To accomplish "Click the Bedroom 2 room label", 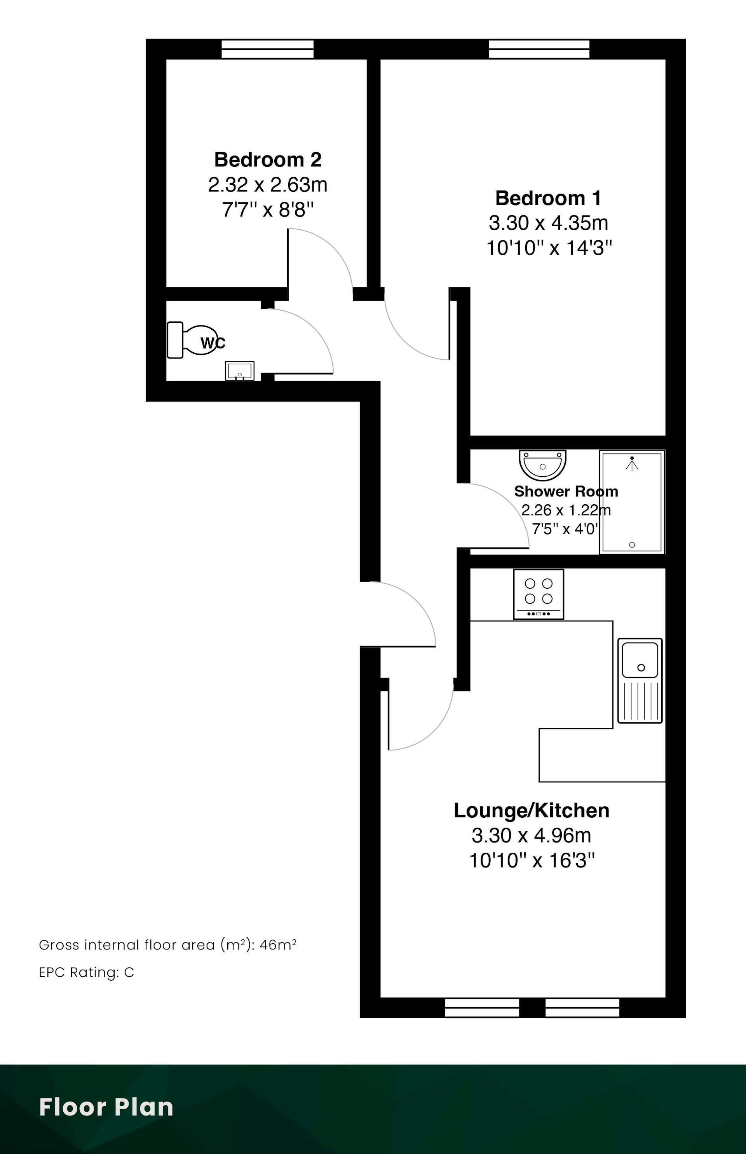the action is pyautogui.click(x=268, y=159).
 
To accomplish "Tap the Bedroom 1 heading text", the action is pyautogui.click(x=548, y=198).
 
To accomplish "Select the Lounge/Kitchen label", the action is pyautogui.click(x=532, y=810).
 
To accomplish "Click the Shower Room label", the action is pyautogui.click(x=566, y=491).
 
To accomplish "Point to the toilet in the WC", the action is pyautogui.click(x=192, y=340).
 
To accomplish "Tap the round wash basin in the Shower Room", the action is pyautogui.click(x=542, y=465).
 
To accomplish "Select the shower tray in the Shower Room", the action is pyautogui.click(x=632, y=502).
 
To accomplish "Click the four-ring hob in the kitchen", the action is pyautogui.click(x=539, y=594).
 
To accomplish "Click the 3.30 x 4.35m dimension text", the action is pyautogui.click(x=548, y=223).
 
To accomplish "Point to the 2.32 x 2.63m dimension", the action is pyautogui.click(x=268, y=185).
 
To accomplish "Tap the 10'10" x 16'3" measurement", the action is pyautogui.click(x=532, y=861).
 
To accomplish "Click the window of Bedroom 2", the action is pyautogui.click(x=267, y=49).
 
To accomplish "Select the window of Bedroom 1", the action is pyautogui.click(x=539, y=49).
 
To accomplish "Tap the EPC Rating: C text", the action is pyautogui.click(x=86, y=972).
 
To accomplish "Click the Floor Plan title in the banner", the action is pyautogui.click(x=106, y=1107).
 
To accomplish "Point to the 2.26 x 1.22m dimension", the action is pyautogui.click(x=566, y=510).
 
